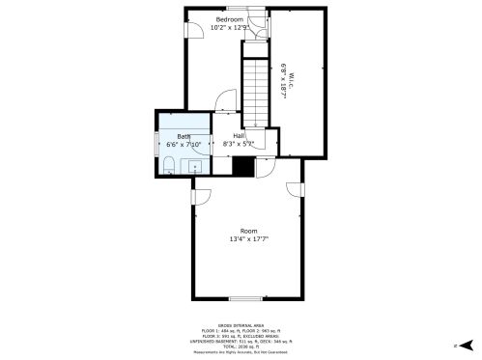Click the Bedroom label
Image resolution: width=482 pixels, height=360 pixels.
click(229, 19)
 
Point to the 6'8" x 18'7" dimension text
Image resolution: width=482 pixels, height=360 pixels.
click(283, 75)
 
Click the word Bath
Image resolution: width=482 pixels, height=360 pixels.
click(183, 136)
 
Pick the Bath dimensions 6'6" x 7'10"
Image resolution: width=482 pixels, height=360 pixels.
click(184, 144)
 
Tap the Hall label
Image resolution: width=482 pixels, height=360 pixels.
click(238, 136)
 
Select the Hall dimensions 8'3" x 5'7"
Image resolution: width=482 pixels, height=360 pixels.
click(238, 144)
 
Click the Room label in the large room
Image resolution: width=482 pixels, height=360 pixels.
click(248, 231)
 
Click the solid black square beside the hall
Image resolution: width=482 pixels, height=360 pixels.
click(243, 166)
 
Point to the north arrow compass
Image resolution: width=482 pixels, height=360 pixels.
click(465, 345)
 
